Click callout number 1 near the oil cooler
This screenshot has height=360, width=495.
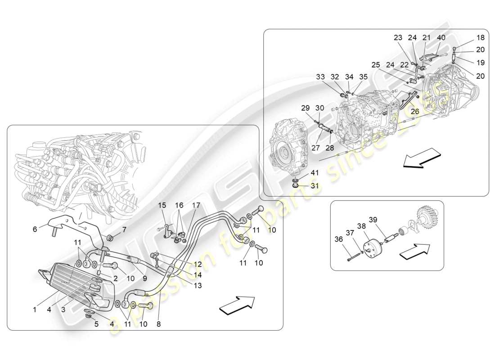coord(35,310)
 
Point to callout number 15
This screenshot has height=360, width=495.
coord(162,206)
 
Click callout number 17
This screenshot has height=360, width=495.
coord(196,206)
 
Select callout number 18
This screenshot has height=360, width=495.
coord(480,38)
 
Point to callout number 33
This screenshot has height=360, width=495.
coord(320,77)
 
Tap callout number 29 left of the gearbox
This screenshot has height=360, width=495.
coord(306,108)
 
